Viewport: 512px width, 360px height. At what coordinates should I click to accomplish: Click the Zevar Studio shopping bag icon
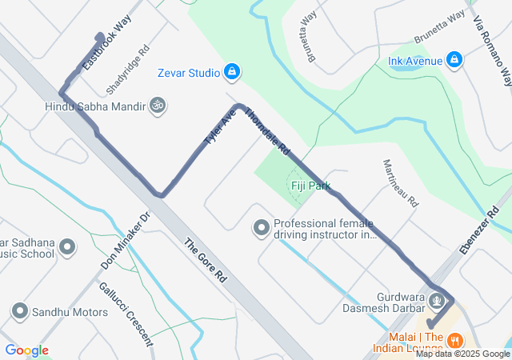coord(231,73)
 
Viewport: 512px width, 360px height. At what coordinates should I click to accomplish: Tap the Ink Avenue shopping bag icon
coord(454,60)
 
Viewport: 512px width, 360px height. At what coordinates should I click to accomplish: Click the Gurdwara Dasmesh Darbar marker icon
coord(437,301)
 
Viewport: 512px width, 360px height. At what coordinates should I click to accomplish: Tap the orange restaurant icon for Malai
coord(454,339)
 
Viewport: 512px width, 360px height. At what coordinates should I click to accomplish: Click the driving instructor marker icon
coord(261,229)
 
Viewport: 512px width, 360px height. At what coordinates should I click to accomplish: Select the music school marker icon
coord(67,247)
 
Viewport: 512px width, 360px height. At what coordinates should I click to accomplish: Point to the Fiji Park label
coord(310,186)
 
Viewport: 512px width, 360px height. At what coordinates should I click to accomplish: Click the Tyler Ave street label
coord(220,127)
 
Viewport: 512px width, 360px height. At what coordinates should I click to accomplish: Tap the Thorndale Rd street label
coord(266,133)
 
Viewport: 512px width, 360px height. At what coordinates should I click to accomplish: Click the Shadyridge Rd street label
coord(128,66)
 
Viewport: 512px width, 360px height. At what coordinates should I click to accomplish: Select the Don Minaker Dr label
coord(126,241)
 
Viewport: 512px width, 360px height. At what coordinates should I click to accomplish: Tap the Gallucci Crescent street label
coord(126,313)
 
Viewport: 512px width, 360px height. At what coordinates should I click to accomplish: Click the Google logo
coord(26,350)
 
